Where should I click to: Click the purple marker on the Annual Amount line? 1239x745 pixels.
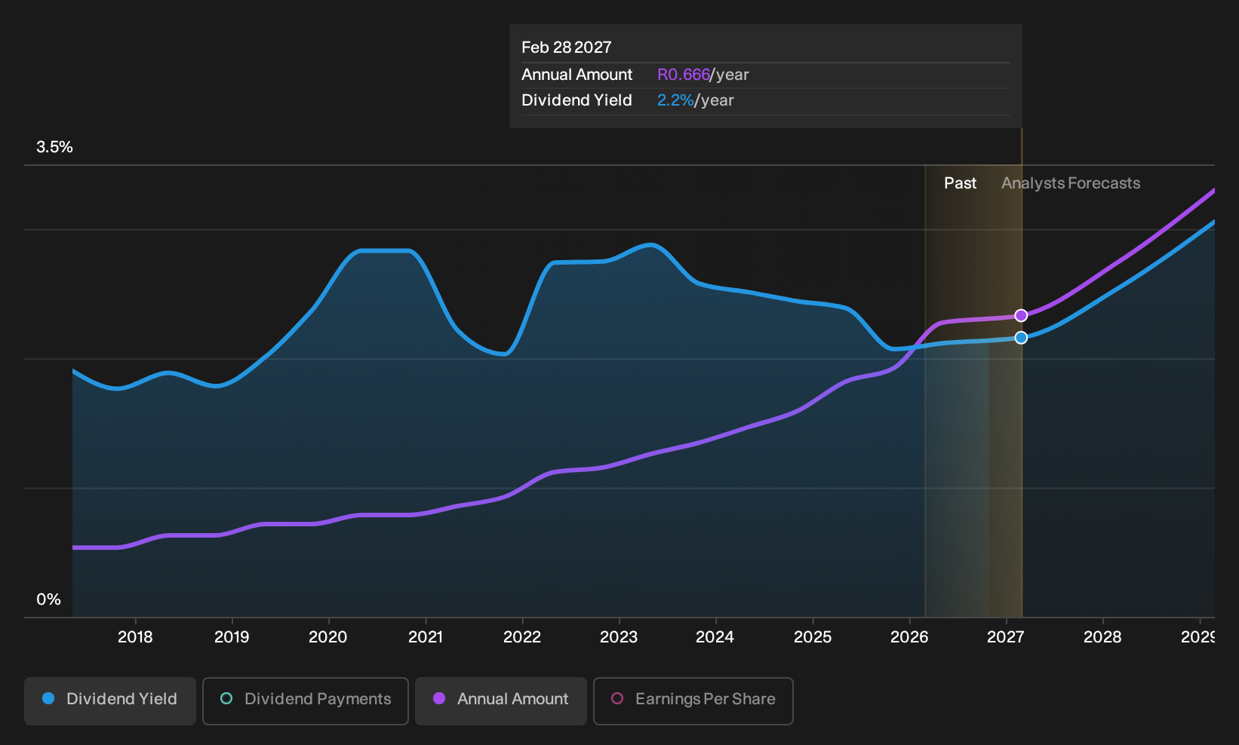pyautogui.click(x=1021, y=316)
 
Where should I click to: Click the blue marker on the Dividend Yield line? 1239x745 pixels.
pyautogui.click(x=1021, y=338)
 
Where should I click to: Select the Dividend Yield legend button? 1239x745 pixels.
pyautogui.click(x=110, y=701)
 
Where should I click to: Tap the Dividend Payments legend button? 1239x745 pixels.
pyautogui.click(x=306, y=701)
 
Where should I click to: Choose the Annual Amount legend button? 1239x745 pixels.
pyautogui.click(x=500, y=701)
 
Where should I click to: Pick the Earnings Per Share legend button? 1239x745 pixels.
pyautogui.click(x=693, y=701)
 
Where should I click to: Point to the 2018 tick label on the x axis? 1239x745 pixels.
pyautogui.click(x=136, y=637)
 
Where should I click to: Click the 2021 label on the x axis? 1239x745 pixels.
pyautogui.click(x=426, y=637)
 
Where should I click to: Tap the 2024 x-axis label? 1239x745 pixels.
pyautogui.click(x=715, y=637)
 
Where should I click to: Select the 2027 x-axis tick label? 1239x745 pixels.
pyautogui.click(x=1006, y=637)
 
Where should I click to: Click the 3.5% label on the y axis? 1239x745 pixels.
pyautogui.click(x=54, y=147)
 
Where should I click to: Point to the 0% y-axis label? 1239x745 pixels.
pyautogui.click(x=49, y=599)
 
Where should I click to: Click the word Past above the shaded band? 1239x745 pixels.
pyautogui.click(x=961, y=183)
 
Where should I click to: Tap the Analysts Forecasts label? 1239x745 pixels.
pyautogui.click(x=1071, y=183)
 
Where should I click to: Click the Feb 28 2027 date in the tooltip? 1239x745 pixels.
pyautogui.click(x=567, y=48)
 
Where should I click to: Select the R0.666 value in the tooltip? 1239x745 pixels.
pyautogui.click(x=683, y=75)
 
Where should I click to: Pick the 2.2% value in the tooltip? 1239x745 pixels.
pyautogui.click(x=675, y=100)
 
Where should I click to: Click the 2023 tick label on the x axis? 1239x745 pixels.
pyautogui.click(x=619, y=637)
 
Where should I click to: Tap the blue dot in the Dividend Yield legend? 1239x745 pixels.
pyautogui.click(x=49, y=698)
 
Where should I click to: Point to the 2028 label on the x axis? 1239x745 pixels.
pyautogui.click(x=1102, y=637)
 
